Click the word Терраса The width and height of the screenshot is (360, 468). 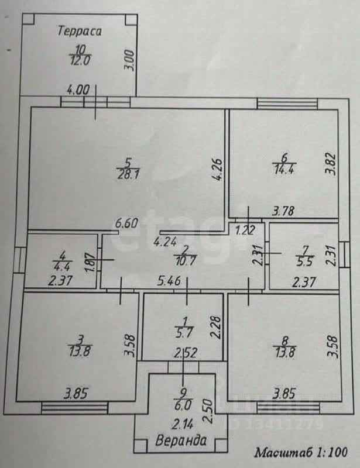(x=80, y=32)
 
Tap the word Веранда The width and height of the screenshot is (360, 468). (x=181, y=441)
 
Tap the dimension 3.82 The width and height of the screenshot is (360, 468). (x=331, y=164)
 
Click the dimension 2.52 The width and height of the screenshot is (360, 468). (x=182, y=353)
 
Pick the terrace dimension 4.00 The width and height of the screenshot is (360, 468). (x=78, y=90)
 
